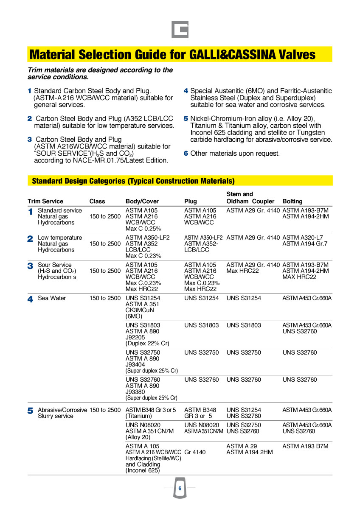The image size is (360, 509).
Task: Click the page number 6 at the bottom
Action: coord(180,489)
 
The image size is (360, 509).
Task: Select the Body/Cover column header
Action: coord(142,201)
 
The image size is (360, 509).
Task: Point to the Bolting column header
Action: coord(292,201)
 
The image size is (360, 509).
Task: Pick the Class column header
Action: coord(97,201)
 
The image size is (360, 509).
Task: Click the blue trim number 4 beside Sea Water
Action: coord(31,299)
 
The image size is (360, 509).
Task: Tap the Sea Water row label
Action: coord(52,298)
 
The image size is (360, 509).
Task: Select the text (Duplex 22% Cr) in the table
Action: coord(146,344)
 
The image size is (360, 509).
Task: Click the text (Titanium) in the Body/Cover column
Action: coord(139,416)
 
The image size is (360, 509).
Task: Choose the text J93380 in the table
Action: coord(136,392)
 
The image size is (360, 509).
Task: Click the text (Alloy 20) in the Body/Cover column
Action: coord(138,437)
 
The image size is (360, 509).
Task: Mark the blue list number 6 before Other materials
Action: coord(186,154)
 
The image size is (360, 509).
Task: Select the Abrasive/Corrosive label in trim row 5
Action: coord(62,410)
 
